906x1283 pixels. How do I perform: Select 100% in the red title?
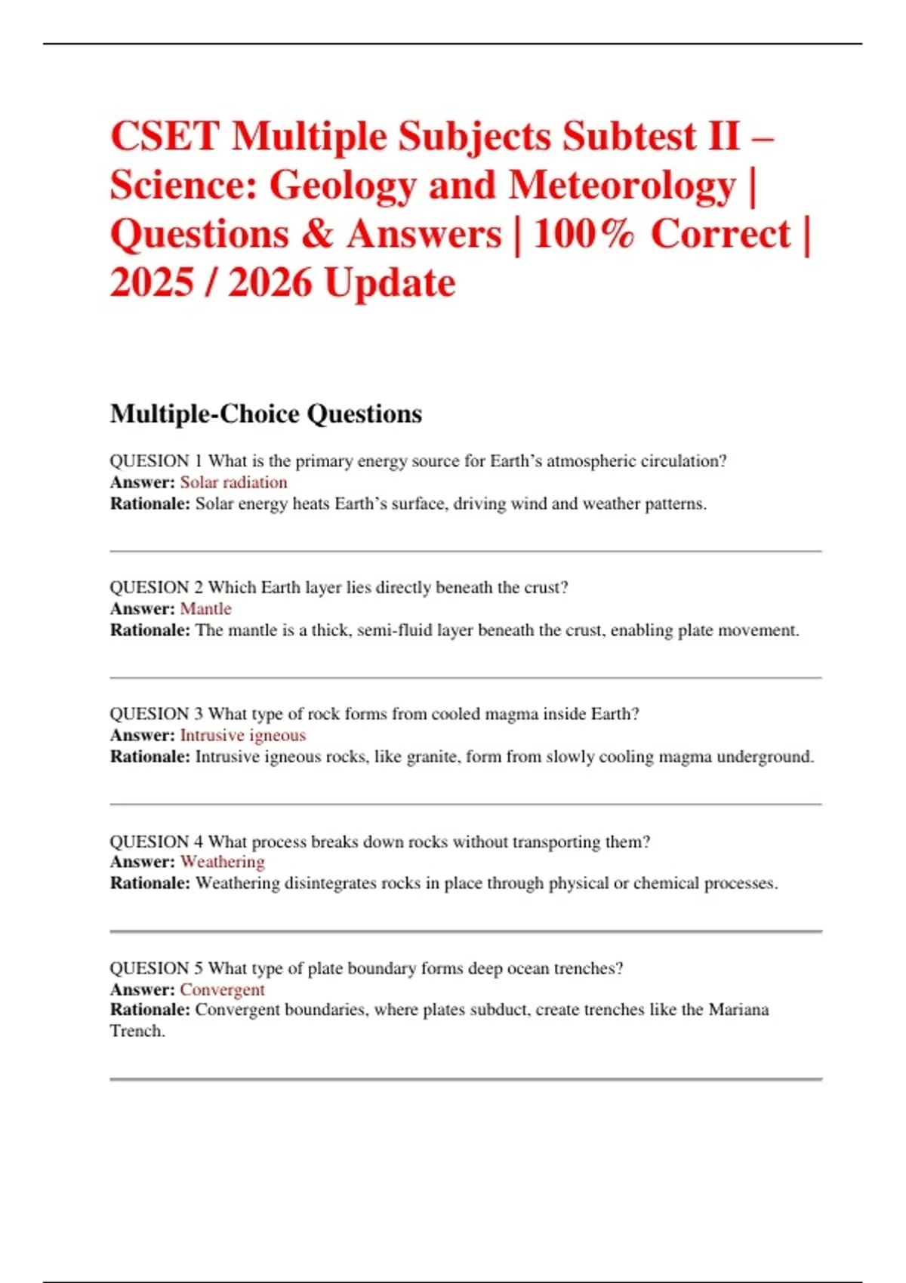coord(584,234)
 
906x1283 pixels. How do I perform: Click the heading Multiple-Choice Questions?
coord(266,414)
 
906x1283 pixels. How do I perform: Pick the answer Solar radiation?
coord(233,482)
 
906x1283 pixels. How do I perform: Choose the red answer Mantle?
coord(205,609)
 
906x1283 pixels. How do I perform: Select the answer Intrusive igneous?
coord(242,735)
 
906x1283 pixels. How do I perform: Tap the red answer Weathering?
coord(223,862)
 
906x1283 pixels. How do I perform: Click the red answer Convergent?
coord(222,989)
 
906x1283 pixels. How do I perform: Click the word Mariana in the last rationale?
coord(738,1010)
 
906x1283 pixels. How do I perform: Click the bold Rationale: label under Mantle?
coord(150,630)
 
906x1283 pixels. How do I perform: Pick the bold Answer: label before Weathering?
coord(143,862)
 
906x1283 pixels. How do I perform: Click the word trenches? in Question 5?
coord(588,968)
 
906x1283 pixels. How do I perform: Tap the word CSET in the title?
coord(165,137)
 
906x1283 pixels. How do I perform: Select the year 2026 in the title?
coord(270,283)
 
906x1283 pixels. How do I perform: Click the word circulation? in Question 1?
coord(683,461)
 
